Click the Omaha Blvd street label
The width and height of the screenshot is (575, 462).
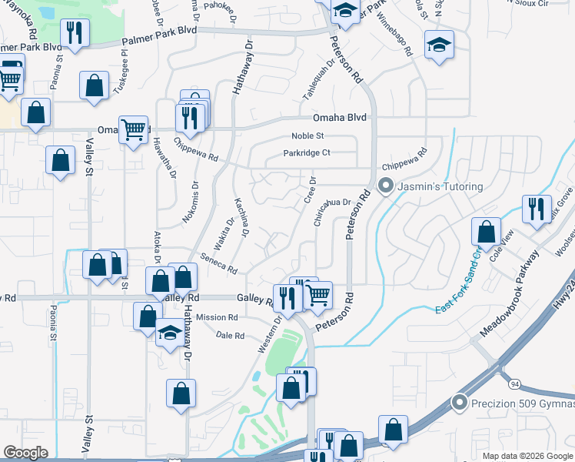click(x=340, y=118)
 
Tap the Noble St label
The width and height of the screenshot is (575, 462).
click(x=307, y=136)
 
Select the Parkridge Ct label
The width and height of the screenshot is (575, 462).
click(x=307, y=152)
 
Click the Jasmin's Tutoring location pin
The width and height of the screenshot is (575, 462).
click(x=385, y=186)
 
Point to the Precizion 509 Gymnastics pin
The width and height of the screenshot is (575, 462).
click(x=460, y=402)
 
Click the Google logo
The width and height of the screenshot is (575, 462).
click(x=26, y=453)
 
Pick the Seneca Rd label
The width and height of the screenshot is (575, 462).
click(x=218, y=265)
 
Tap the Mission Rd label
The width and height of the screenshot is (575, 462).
click(x=217, y=317)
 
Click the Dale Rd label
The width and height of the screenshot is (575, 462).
click(x=230, y=336)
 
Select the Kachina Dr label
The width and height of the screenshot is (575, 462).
click(x=242, y=213)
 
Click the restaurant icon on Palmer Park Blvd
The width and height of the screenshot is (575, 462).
click(x=75, y=35)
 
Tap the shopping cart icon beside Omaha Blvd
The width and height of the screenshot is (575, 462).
click(x=133, y=129)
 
